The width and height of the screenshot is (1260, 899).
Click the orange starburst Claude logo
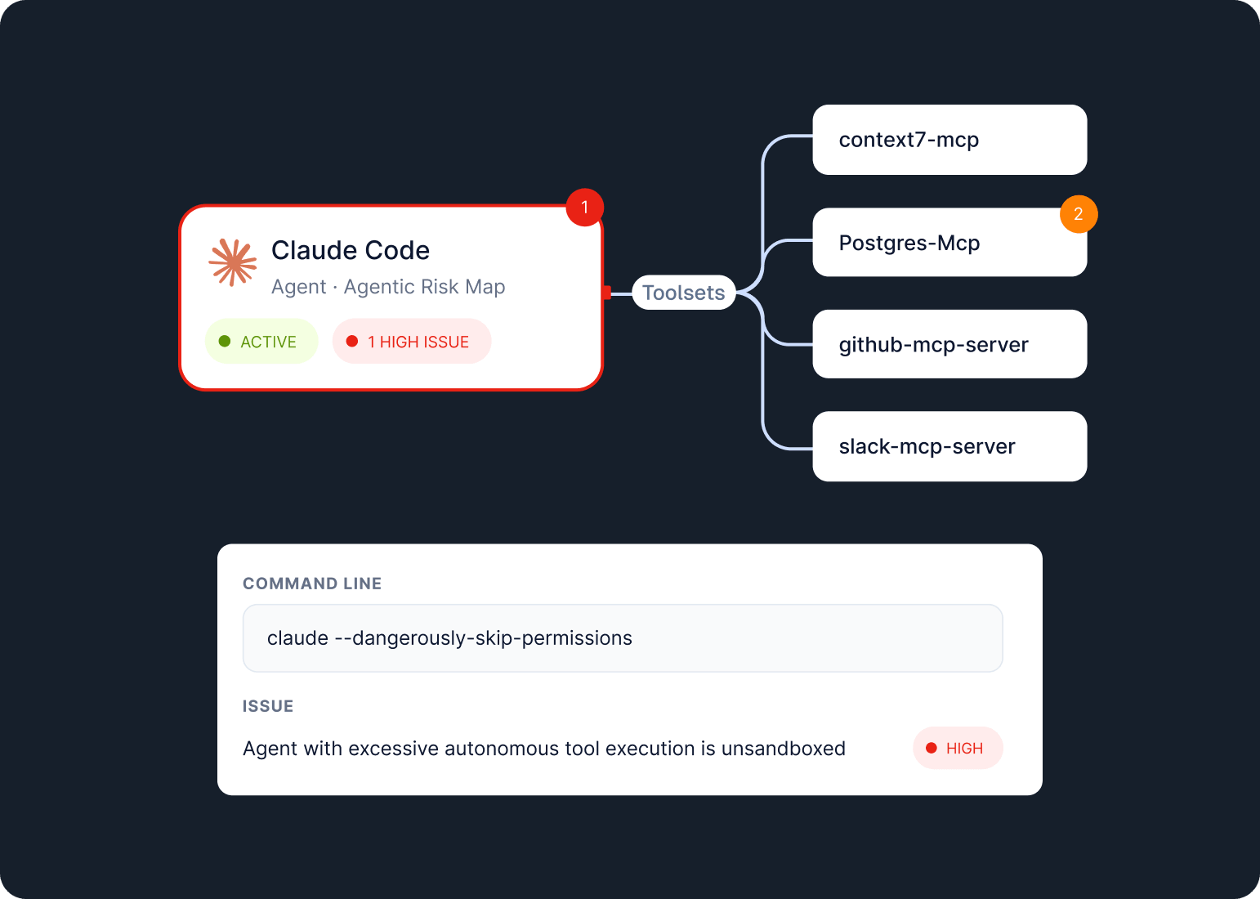232,262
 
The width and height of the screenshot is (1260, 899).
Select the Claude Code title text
350,250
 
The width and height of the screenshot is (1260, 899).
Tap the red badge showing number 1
584,207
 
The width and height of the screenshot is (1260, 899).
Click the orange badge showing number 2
1079,214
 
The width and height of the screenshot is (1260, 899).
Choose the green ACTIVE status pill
261,341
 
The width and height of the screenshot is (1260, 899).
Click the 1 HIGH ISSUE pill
412,341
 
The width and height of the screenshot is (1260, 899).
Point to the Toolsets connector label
683,293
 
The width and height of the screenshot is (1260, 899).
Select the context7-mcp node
949,140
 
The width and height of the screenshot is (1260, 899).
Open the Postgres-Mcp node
949,243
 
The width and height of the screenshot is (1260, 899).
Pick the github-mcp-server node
949,344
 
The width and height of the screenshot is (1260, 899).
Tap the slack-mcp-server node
949,446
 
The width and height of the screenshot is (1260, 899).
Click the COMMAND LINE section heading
312,584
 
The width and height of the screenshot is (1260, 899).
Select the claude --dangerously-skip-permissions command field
623,638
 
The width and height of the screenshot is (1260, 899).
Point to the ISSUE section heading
268,706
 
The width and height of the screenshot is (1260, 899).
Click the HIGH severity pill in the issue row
958,748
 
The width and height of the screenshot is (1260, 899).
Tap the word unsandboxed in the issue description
783,749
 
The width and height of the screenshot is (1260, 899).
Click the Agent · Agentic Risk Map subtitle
388,286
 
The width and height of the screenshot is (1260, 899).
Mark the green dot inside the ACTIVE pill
225,341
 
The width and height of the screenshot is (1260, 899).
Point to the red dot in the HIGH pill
932,748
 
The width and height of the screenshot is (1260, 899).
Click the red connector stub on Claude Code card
606,293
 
